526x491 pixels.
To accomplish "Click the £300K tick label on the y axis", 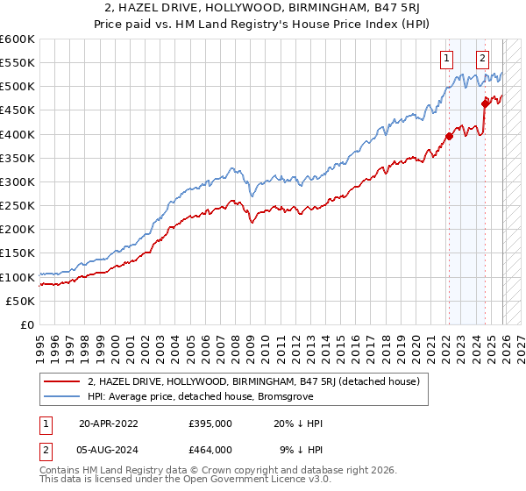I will [18, 181].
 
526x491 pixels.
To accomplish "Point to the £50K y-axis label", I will [20, 301].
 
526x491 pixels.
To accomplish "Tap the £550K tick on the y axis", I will [18, 63].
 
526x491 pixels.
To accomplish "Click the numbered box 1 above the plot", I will [447, 59].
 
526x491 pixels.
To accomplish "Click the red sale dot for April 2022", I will [448, 136].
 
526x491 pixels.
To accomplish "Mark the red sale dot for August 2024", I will [485, 103].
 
